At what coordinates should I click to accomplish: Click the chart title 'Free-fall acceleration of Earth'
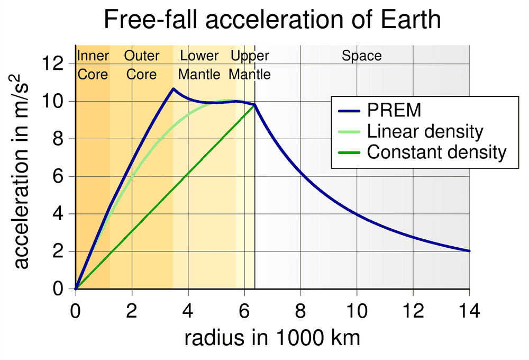pyautogui.click(x=272, y=20)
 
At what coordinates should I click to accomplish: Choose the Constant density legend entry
pyautogui.click(x=436, y=152)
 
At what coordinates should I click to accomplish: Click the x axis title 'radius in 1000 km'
pyautogui.click(x=272, y=338)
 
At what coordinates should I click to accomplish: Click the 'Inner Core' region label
pyautogui.click(x=93, y=65)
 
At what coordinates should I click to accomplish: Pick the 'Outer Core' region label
pyautogui.click(x=141, y=65)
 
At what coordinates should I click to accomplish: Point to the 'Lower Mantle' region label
pyautogui.click(x=199, y=65)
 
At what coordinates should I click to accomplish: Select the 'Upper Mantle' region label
pyautogui.click(x=250, y=65)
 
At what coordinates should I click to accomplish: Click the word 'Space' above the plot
pyautogui.click(x=361, y=56)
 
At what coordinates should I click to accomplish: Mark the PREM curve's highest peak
pyautogui.click(x=173, y=88)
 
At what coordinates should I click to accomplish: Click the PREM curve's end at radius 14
pyautogui.click(x=469, y=251)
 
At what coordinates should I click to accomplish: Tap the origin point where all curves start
pyautogui.click(x=76, y=289)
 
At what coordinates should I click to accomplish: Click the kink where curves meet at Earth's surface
pyautogui.click(x=255, y=105)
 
